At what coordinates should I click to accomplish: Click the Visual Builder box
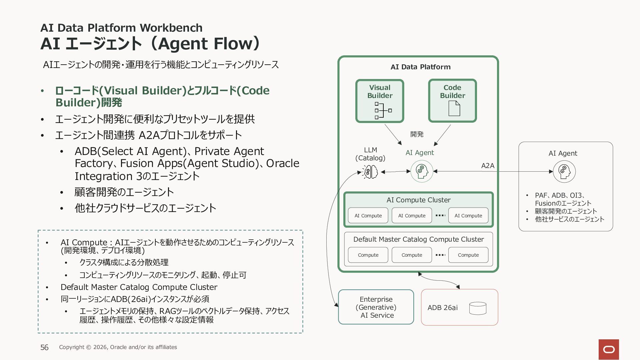[x=380, y=101]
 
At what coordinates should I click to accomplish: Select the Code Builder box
[x=452, y=101]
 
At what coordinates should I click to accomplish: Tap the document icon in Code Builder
[x=454, y=108]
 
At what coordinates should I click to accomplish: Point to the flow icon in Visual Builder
[x=383, y=110]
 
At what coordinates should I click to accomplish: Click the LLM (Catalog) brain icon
[x=371, y=172]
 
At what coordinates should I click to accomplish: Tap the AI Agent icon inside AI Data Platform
[x=422, y=171]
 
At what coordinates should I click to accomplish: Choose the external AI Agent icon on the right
[x=564, y=172]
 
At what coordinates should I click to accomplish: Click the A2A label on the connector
[x=488, y=166]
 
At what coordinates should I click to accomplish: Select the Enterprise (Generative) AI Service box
[x=376, y=307]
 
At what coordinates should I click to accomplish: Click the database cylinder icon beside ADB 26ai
[x=478, y=308]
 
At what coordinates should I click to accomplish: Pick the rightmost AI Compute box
[x=468, y=216]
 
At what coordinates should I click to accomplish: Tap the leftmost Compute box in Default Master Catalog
[x=368, y=255]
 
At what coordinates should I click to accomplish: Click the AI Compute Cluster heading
[x=418, y=200]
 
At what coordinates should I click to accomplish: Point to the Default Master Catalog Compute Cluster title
[x=418, y=239]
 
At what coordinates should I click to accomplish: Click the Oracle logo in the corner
[x=609, y=349]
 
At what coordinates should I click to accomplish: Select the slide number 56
[x=44, y=347]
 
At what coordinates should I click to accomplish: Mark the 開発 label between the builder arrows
[x=417, y=134]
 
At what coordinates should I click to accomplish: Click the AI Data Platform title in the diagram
[x=420, y=67]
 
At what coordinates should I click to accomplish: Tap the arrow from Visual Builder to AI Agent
[x=393, y=135]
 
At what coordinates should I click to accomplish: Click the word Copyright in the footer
[x=72, y=347]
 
